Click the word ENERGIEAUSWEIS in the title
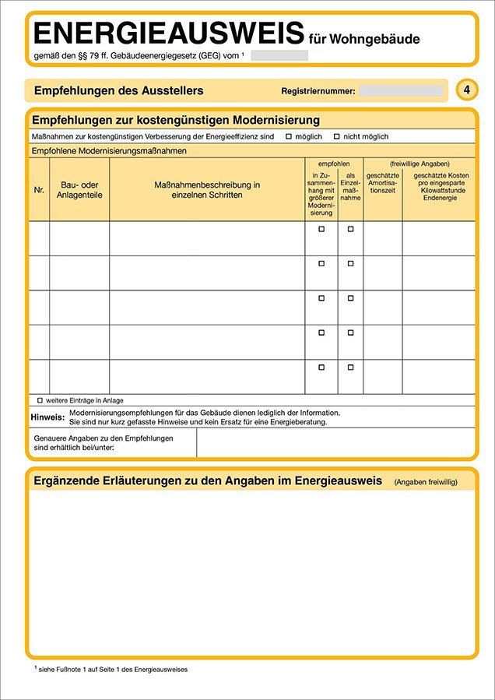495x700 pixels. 168,33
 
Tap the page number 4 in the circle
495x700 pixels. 466,90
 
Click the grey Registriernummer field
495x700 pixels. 401,91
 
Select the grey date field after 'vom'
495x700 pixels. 279,55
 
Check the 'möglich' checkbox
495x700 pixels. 289,136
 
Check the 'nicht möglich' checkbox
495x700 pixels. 337,136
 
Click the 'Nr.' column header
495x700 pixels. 39,190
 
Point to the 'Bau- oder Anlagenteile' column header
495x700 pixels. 79,190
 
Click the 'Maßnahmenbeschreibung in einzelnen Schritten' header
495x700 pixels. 207,190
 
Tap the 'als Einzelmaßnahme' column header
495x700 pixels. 350,188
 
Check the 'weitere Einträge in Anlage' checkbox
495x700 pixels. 40,399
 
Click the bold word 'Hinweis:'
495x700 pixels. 47,417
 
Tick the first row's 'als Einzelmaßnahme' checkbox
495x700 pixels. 350,229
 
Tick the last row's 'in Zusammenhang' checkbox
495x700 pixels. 321,367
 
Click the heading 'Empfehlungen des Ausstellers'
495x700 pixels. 118,91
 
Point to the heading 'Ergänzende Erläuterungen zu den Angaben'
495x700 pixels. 208,480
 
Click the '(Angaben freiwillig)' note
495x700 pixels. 432,482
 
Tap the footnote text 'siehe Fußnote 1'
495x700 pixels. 113,669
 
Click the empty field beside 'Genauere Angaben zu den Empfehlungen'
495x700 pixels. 335,442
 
